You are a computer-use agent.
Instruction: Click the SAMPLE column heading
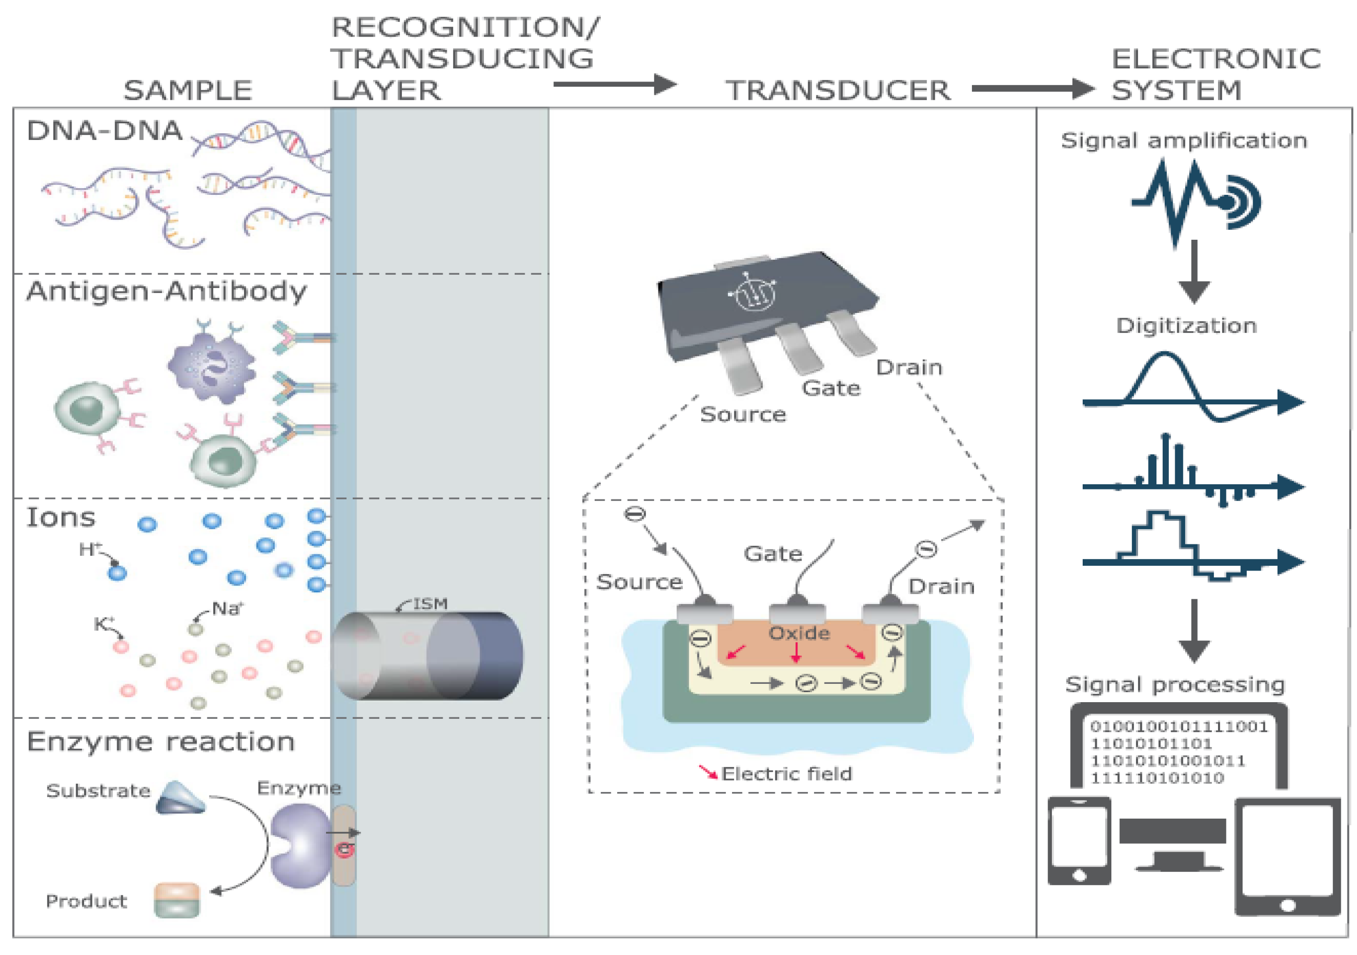[188, 90]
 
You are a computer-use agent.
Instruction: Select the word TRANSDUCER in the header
[838, 90]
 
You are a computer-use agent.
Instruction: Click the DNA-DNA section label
[105, 131]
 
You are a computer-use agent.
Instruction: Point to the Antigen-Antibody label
[166, 292]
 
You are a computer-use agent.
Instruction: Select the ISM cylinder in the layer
[428, 656]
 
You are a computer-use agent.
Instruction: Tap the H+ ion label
[90, 550]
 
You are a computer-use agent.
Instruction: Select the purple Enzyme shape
[300, 845]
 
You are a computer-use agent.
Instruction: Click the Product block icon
[177, 900]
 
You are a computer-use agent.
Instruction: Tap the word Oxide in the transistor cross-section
[798, 633]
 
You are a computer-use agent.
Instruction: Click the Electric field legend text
[786, 774]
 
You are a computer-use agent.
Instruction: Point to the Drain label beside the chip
[908, 368]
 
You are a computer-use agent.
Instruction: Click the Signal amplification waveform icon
[1194, 201]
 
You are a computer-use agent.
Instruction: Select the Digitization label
[1186, 325]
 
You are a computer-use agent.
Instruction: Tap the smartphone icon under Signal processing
[1078, 841]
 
